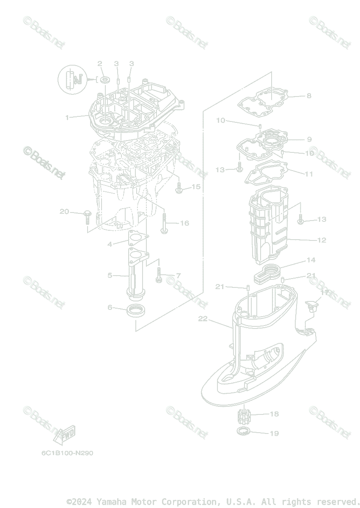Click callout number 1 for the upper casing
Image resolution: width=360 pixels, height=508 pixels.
(67, 117)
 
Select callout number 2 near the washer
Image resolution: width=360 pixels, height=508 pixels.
(100, 63)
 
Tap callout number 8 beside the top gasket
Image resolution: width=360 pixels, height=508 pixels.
(309, 96)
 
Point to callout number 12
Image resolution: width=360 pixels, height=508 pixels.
(322, 240)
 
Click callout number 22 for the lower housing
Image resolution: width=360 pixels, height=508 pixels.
(203, 319)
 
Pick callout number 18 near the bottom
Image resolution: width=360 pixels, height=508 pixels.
(274, 414)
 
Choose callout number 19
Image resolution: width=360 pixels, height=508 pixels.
(274, 433)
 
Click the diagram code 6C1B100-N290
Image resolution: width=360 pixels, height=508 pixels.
(67, 453)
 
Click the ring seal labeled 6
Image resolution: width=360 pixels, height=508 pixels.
(135, 311)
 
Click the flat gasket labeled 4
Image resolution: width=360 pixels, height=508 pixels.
(135, 239)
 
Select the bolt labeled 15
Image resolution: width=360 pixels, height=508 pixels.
(179, 189)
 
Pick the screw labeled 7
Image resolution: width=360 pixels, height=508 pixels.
(159, 275)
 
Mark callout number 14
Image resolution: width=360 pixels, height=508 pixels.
(311, 260)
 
